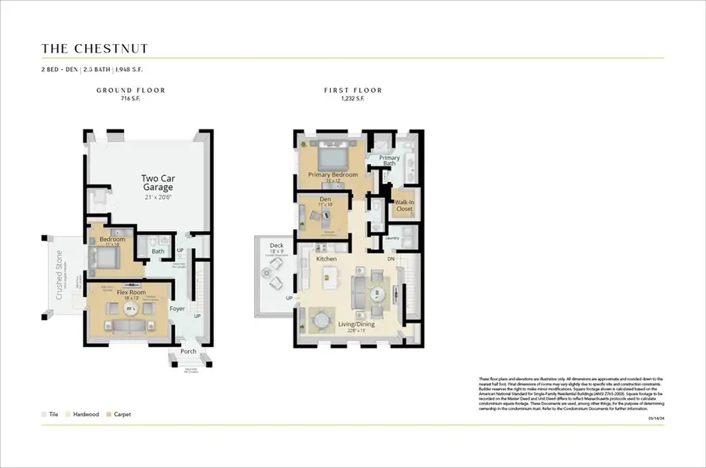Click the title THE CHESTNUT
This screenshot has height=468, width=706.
click(95, 49)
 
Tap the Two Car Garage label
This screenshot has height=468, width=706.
click(157, 182)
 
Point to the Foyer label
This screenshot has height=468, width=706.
click(178, 309)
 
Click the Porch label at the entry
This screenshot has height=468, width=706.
click(187, 352)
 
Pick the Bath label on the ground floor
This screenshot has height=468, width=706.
click(158, 252)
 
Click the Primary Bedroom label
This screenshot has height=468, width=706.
click(333, 174)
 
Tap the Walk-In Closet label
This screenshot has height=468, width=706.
click(404, 205)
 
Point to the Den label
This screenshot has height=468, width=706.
click(325, 199)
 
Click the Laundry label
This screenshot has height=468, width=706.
click(392, 238)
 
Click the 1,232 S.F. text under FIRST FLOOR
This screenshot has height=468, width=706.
click(353, 100)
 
